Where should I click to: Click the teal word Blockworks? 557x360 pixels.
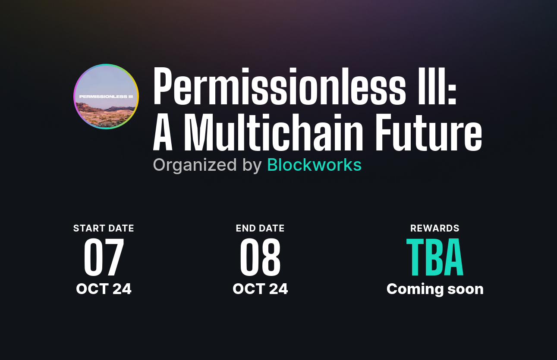[x=314, y=165]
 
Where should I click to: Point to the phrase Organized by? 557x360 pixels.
[x=207, y=165]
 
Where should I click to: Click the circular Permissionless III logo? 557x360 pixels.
[x=106, y=97]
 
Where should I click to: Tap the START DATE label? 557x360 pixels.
[x=104, y=228]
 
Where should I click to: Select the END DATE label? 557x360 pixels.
[x=260, y=228]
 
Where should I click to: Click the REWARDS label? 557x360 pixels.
[x=435, y=228]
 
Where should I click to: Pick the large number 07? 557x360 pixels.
[x=104, y=258]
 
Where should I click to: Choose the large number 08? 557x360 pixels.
[x=260, y=258]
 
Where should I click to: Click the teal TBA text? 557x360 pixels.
[x=435, y=258]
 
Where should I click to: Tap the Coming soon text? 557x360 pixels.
[x=435, y=289]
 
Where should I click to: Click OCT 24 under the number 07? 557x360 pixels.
[x=104, y=289]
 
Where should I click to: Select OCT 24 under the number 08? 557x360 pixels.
[x=260, y=289]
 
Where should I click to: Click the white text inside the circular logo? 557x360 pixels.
[x=106, y=97]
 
